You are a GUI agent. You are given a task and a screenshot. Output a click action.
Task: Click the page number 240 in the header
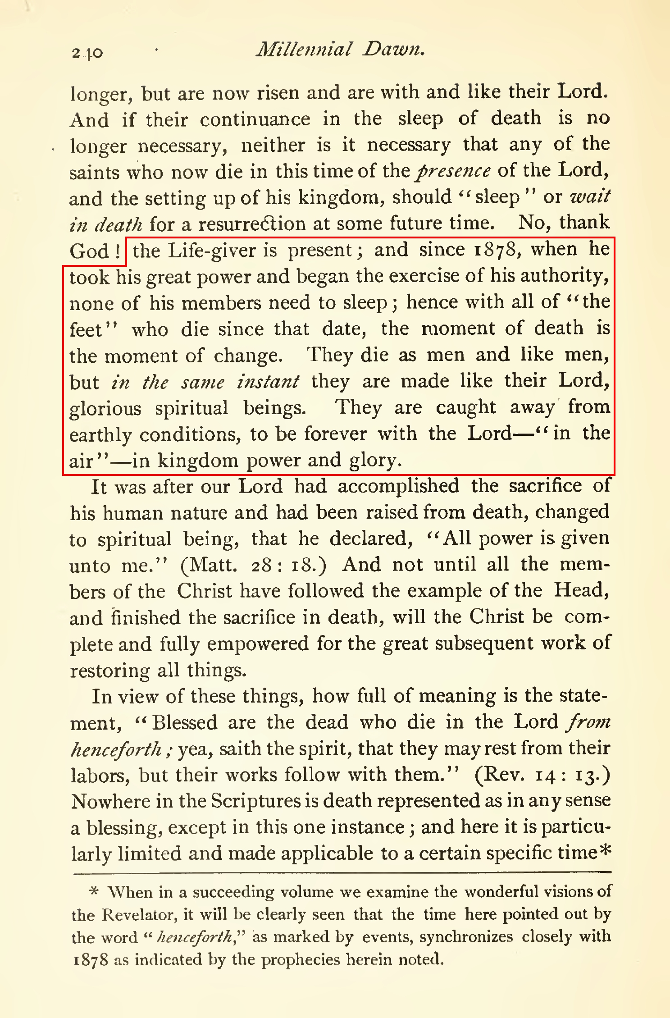coord(87,53)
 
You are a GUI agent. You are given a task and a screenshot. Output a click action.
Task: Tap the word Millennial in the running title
coord(303,49)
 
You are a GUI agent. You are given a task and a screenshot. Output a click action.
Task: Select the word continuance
coord(255,119)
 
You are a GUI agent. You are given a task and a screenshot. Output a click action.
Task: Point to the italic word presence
coord(454,171)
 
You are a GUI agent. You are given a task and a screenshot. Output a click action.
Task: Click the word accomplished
coord(398,486)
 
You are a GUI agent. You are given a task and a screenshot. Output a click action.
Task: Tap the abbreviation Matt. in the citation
coord(209,565)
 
